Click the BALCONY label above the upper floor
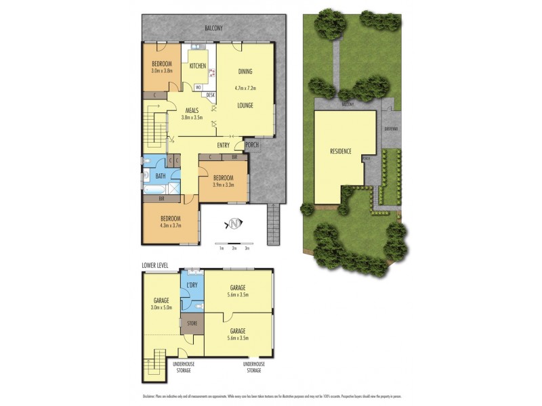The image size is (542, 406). coord(213,28)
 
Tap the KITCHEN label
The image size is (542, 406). coord(198,66)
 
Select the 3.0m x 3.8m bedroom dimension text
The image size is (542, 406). coord(163,70)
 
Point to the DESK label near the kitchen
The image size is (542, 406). coord(210,95)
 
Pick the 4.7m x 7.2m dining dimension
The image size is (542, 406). coord(245,87)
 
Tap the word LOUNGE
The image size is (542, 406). coord(245,106)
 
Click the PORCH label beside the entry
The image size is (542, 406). coord(251,144)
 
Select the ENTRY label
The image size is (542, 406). coord(223,145)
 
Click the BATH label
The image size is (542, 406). coord(160,177)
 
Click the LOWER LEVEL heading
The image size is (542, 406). coord(155,265)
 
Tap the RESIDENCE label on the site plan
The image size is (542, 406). coord(340,151)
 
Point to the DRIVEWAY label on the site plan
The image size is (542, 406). coord(390,129)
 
